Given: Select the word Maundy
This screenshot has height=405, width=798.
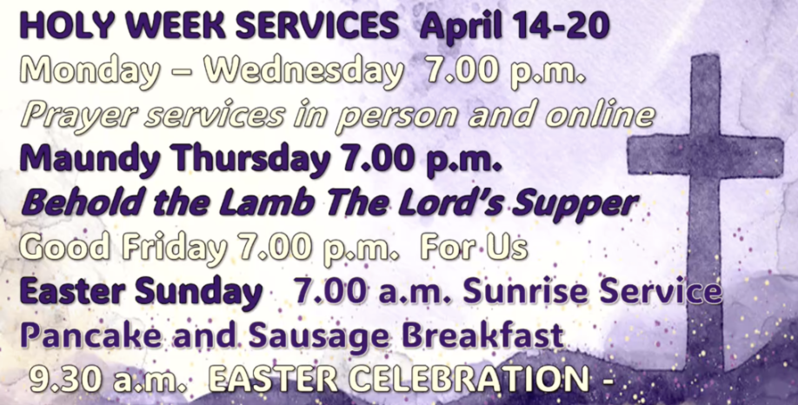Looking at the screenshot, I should coord(87,159).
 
